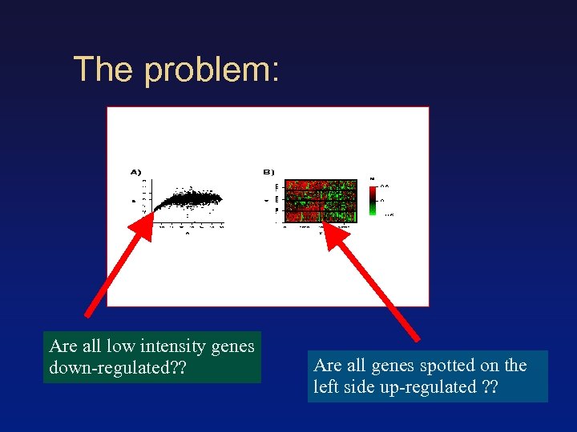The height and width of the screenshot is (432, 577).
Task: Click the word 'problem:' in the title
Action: [x=212, y=70]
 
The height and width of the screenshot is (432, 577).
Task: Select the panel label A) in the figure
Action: [x=135, y=171]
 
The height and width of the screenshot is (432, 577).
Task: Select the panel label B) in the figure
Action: [x=268, y=171]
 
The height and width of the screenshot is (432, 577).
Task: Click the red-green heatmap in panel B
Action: [x=321, y=200]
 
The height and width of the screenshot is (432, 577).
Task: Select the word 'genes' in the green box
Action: [x=234, y=346]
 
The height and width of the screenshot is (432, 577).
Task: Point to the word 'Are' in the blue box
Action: [x=329, y=366]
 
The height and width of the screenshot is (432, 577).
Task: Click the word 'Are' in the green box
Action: [x=64, y=346]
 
